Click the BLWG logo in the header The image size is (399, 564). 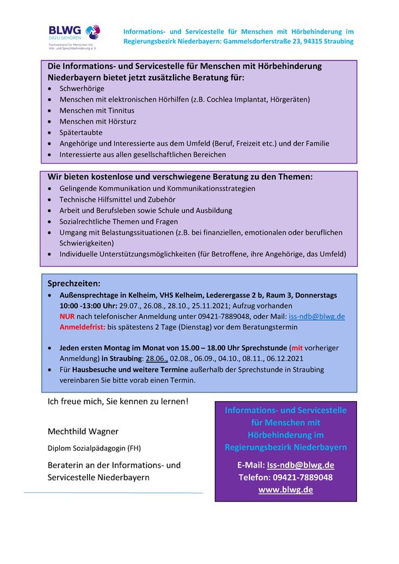pos(74,37)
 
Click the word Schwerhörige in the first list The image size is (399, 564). pos(82,88)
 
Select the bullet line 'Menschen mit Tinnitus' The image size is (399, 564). pos(96,110)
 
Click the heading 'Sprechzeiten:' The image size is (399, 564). pos(73,283)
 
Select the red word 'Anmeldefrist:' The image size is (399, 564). pos(82,327)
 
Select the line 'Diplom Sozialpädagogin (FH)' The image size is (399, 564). pos(94,448)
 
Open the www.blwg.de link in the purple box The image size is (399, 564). pos(285,490)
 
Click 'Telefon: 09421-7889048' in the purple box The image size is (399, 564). pos(285,478)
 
